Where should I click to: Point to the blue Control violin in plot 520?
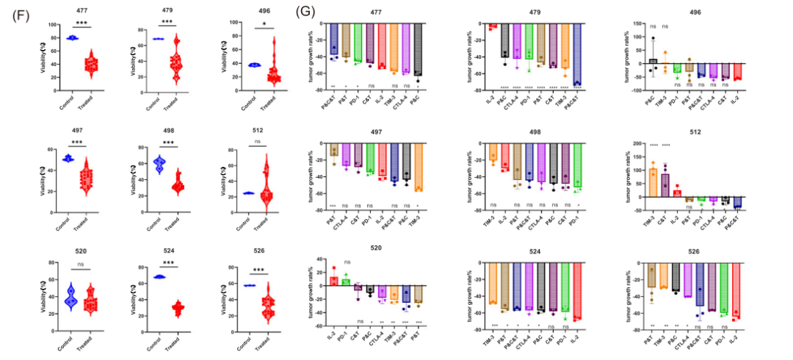[x=71, y=297]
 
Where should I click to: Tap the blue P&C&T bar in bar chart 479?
[x=577, y=54]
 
